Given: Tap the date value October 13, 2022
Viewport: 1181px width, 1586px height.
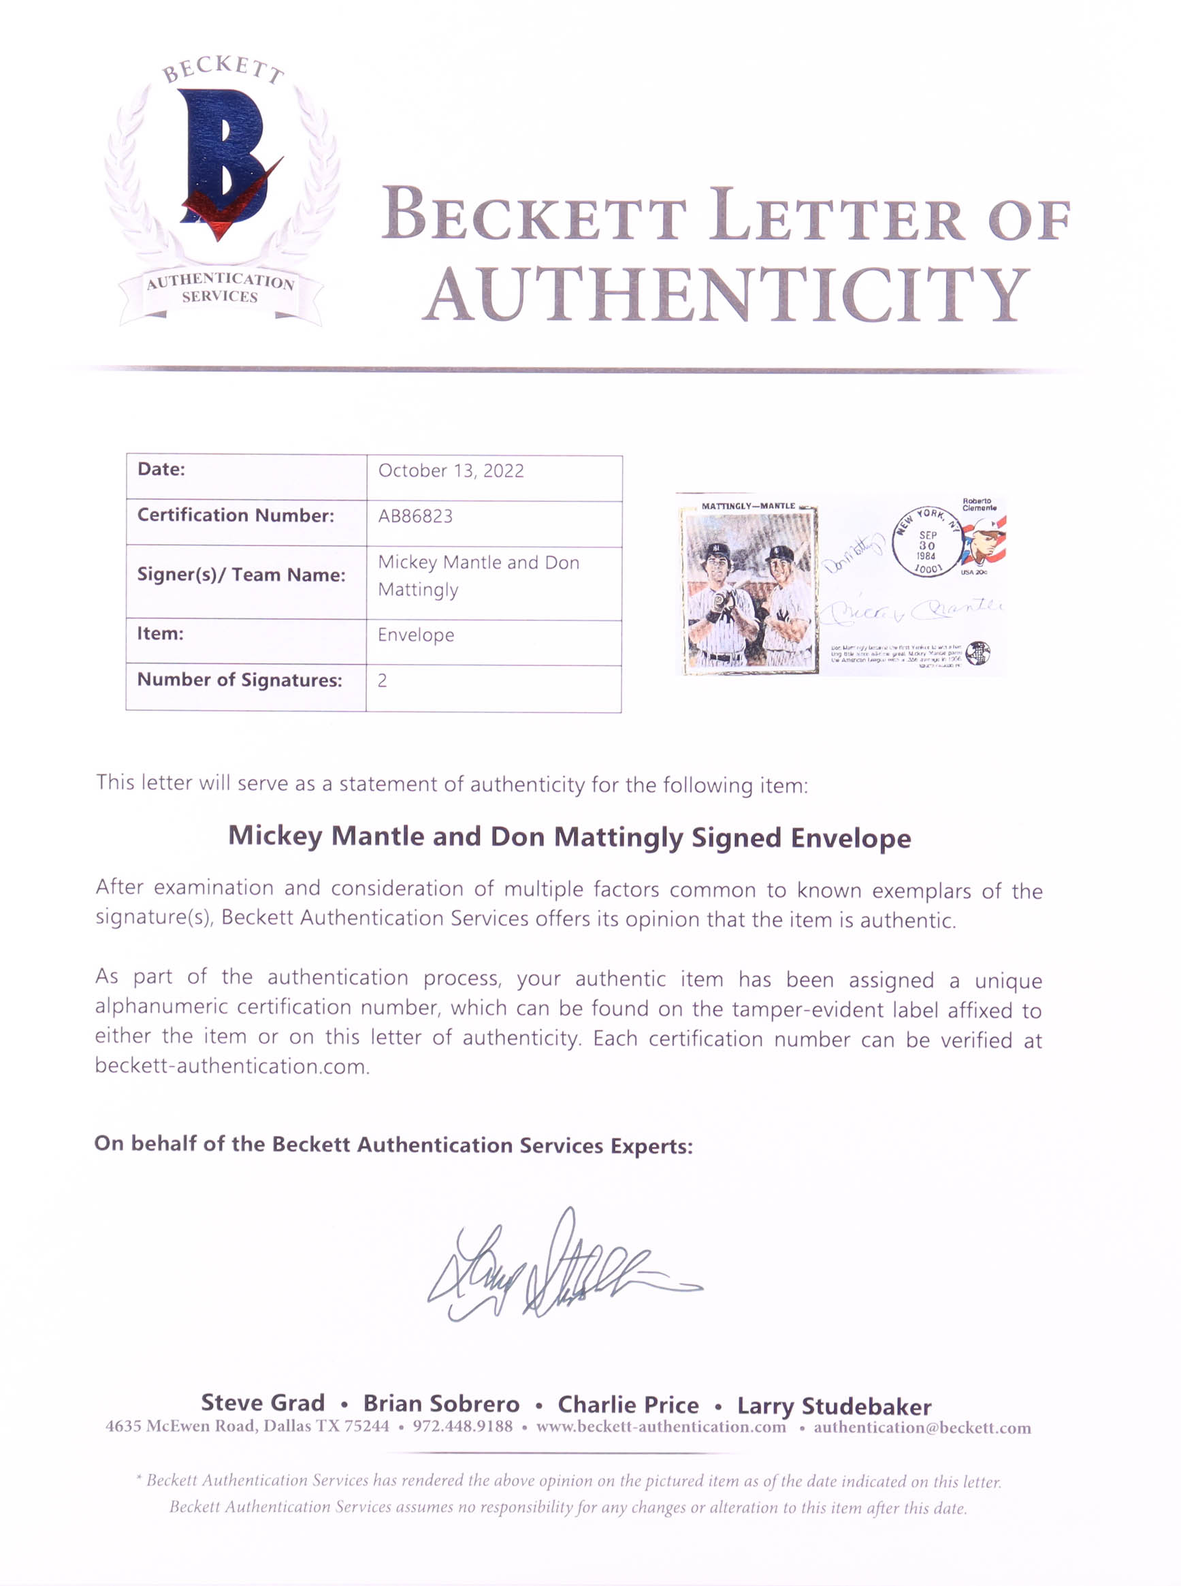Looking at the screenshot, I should [451, 471].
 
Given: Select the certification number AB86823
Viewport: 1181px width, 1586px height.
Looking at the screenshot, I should [415, 516].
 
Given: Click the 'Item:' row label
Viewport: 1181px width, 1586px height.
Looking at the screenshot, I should [161, 633].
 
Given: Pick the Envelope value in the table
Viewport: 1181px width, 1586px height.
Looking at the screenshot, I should [416, 635].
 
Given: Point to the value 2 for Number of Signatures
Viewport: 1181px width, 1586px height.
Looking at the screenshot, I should [383, 680].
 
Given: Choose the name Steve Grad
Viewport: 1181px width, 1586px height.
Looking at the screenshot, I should [262, 1402].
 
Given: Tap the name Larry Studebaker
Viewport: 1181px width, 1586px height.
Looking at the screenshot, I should [834, 1406].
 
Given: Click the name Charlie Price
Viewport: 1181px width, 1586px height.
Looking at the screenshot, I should [628, 1404].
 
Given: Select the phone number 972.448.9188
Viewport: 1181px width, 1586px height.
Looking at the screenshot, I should [463, 1426].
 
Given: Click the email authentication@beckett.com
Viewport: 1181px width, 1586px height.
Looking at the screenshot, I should [922, 1427].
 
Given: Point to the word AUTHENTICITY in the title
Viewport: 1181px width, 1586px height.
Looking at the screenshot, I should [726, 295].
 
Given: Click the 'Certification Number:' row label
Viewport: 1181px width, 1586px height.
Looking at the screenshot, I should [236, 515].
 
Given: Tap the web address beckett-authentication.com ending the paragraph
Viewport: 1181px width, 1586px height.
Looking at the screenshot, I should [232, 1066].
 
